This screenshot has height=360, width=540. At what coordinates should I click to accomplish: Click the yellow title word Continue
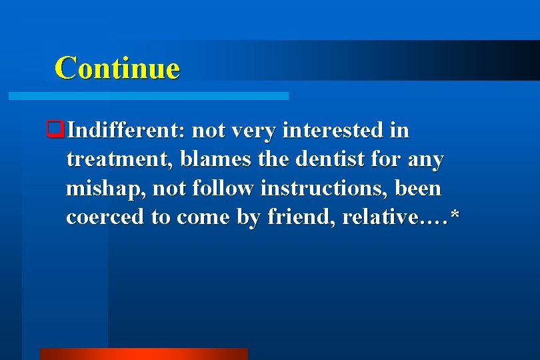(x=117, y=68)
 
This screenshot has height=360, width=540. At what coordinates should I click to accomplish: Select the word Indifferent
(x=122, y=130)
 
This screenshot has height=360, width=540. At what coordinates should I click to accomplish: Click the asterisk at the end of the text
(x=455, y=217)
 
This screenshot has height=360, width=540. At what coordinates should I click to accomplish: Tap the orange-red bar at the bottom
(x=143, y=353)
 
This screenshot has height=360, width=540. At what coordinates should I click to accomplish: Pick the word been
(x=418, y=189)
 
